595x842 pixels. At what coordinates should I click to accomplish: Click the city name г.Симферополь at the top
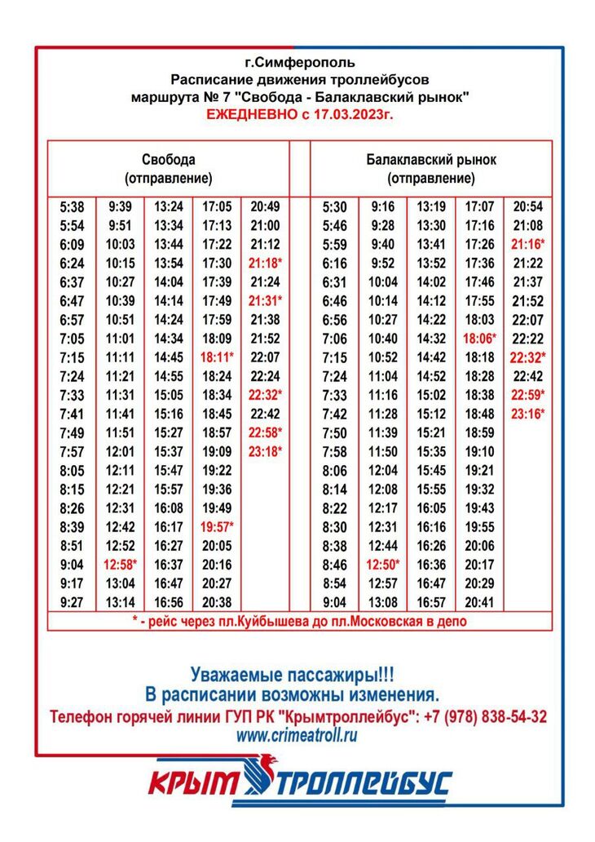tap(299, 62)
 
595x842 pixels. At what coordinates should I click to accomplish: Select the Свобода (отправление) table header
tap(168, 168)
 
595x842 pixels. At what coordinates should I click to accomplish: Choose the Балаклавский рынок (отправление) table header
tap(430, 168)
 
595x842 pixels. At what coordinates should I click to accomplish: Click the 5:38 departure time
tap(72, 207)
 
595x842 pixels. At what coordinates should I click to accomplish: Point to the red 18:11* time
tap(217, 357)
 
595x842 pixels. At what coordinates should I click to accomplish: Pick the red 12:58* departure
tap(120, 564)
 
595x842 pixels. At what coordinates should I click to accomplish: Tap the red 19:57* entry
tap(217, 526)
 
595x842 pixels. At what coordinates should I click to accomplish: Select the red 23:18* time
tap(266, 451)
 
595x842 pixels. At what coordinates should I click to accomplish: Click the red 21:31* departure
tap(266, 301)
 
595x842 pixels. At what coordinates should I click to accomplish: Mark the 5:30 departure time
tap(334, 207)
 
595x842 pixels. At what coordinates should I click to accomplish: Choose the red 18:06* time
tap(479, 339)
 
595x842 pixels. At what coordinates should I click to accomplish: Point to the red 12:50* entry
tap(383, 564)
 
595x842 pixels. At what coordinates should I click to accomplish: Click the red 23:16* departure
tap(528, 414)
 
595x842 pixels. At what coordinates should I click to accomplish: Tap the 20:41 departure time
tap(479, 602)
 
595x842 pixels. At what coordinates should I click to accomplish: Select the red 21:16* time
tap(528, 245)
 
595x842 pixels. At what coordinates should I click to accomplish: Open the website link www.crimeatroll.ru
tap(297, 735)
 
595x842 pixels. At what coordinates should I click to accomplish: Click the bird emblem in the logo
tap(265, 778)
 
